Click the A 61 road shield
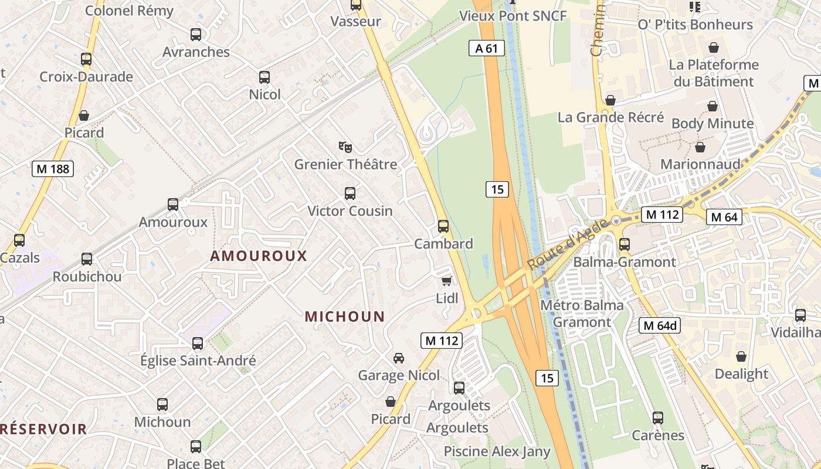[x=487, y=48]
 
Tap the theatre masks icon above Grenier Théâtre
[x=345, y=147]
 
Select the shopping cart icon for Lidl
[x=447, y=281]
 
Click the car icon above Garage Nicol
[x=398, y=358]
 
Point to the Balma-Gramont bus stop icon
[x=625, y=244]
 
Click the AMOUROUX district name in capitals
[x=259, y=256]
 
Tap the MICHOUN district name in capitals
[x=345, y=317]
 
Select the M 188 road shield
[x=53, y=169]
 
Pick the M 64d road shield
[x=660, y=325]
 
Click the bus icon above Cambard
[x=443, y=226]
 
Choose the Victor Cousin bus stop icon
[x=350, y=193]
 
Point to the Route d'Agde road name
[x=561, y=249]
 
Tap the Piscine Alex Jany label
[x=497, y=451]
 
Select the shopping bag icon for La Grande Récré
[x=610, y=100]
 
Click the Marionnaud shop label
[x=700, y=164]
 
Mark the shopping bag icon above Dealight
[x=741, y=356]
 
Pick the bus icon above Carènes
[x=658, y=417]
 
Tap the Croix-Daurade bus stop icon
[x=86, y=59]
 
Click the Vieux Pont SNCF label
[x=513, y=16]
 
